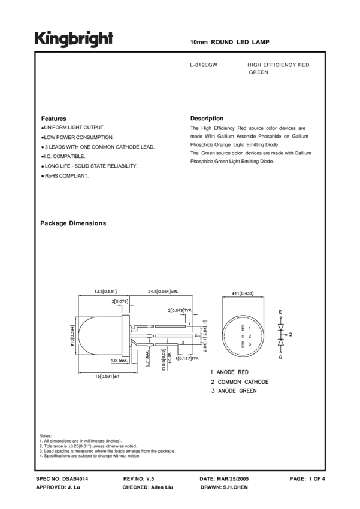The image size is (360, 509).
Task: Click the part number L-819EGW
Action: coord(203,65)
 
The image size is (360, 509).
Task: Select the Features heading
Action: coord(53,119)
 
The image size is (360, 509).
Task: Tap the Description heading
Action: coord(207,119)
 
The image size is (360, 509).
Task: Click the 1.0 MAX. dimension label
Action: coord(119,361)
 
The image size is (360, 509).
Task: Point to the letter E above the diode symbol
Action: coord(281,313)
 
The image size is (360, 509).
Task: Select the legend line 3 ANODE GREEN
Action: coord(233,391)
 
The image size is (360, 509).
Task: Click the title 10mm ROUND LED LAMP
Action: coord(229,43)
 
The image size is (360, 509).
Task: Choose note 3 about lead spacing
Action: coord(107,451)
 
